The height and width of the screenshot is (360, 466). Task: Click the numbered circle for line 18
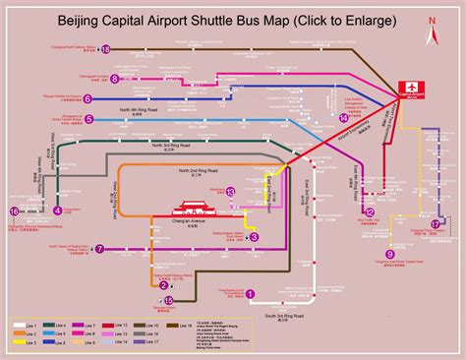point(106,48)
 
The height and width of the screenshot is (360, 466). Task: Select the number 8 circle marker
point(115,79)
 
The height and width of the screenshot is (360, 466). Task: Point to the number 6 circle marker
point(87,98)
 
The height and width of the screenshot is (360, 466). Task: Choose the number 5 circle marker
point(89,119)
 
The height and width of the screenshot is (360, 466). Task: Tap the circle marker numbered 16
point(15,210)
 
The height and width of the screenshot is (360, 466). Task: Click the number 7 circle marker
point(100,249)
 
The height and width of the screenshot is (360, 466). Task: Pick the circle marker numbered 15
point(168,301)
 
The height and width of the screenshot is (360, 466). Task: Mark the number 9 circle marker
point(389,255)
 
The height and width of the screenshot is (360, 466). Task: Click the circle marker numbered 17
point(435,225)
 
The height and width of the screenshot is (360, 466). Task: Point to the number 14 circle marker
point(343,118)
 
